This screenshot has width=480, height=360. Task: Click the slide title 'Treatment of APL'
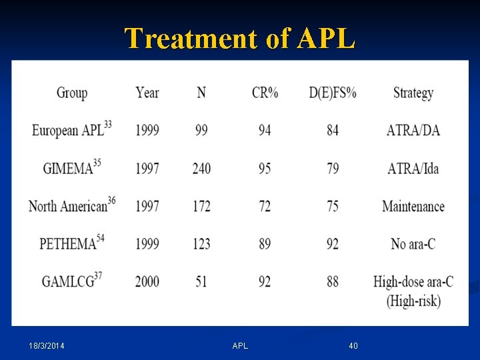pos(240,39)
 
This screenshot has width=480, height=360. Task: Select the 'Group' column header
pos(72,93)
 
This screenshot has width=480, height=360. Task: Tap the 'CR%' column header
pos(265,93)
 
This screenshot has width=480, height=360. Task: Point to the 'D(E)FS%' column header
pos(332,93)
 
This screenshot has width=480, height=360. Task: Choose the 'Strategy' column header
pos(413,93)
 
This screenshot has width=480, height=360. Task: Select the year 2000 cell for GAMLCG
pos(147,281)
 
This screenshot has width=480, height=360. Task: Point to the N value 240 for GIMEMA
pos(201,169)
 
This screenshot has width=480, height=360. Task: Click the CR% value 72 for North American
pos(265,207)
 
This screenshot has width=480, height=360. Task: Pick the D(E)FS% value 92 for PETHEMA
pos(332,244)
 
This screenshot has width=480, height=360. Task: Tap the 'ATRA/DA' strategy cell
pos(413,131)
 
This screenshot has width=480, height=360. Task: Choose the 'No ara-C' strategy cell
pos(413,244)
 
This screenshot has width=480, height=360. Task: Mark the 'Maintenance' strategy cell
pos(413,207)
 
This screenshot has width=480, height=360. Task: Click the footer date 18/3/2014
pos(51,345)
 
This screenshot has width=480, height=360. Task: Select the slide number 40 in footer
pos(353,345)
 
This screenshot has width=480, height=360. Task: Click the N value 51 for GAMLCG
pos(201,281)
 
